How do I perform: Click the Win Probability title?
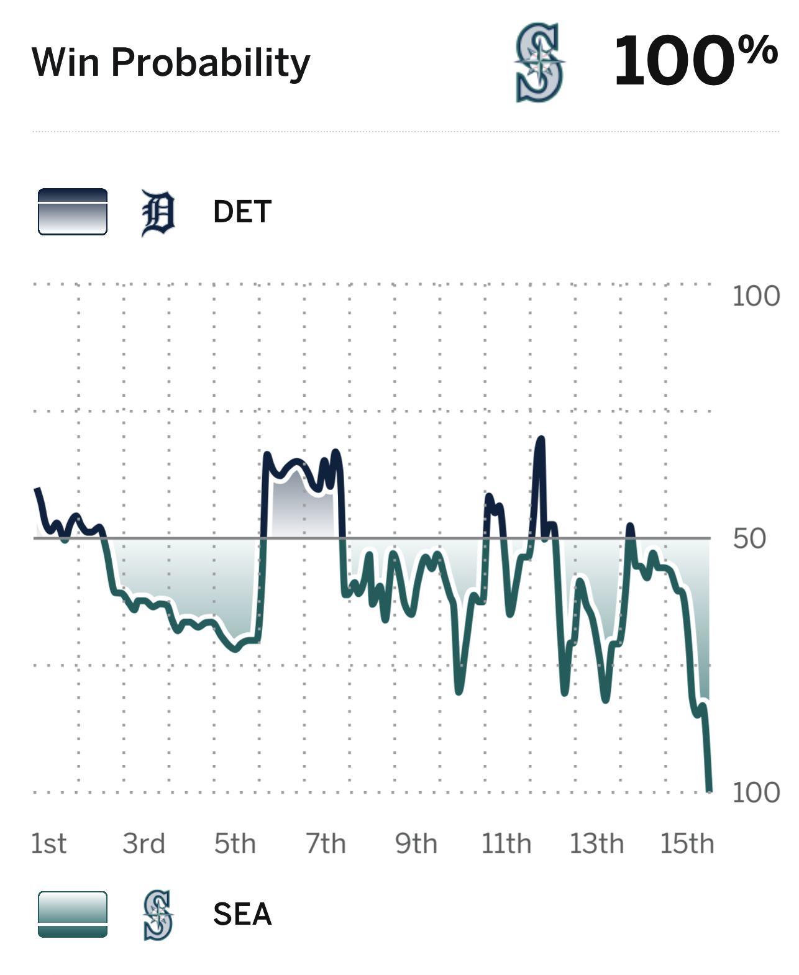[x=171, y=63]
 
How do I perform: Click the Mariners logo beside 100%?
[x=539, y=62]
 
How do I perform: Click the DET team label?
[x=242, y=212]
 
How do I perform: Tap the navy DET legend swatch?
[x=73, y=212]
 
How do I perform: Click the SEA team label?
[x=242, y=914]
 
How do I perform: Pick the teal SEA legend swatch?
[x=73, y=914]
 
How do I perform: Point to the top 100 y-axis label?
[x=756, y=296]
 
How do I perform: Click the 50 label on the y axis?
[x=749, y=538]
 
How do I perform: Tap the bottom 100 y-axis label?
[x=756, y=793]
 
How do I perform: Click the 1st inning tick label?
[x=48, y=844]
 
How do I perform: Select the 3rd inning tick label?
[x=144, y=844]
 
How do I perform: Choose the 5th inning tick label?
[x=235, y=844]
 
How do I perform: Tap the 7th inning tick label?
[x=326, y=844]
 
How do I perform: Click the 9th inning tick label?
[x=416, y=844]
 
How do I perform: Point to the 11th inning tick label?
[x=506, y=844]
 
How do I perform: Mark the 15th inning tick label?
[x=687, y=844]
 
